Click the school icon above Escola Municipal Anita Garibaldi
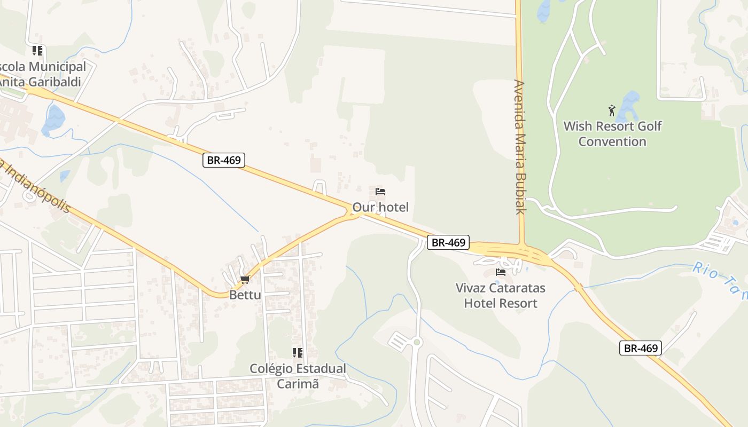pyautogui.click(x=37, y=51)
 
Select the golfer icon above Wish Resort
pyautogui.click(x=612, y=110)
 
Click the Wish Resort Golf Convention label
pyautogui.click(x=612, y=134)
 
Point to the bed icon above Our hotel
pyautogui.click(x=380, y=192)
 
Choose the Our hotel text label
pyautogui.click(x=380, y=207)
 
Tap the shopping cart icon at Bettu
pyautogui.click(x=245, y=280)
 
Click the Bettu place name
pyautogui.click(x=245, y=295)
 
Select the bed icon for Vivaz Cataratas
pyautogui.click(x=501, y=272)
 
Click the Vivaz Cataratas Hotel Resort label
pyautogui.click(x=501, y=296)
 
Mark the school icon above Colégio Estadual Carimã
pyautogui.click(x=298, y=353)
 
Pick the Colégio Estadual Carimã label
pyautogui.click(x=298, y=376)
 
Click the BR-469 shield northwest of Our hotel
pyautogui.click(x=224, y=160)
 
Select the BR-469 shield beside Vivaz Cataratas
pyautogui.click(x=448, y=242)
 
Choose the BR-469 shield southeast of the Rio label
pyautogui.click(x=641, y=349)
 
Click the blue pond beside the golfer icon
pyautogui.click(x=629, y=104)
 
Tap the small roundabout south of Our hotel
pyautogui.click(x=417, y=342)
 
